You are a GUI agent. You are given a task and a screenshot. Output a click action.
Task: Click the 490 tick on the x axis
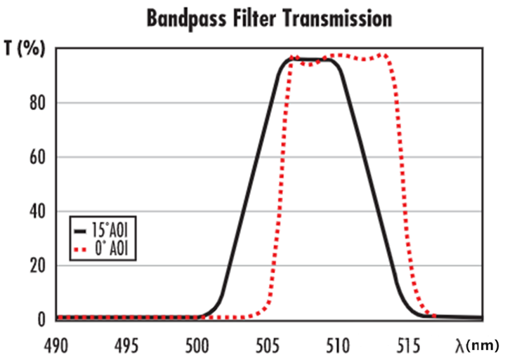tap(56, 345)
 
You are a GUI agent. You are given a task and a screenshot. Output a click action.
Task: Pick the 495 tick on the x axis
tap(126, 345)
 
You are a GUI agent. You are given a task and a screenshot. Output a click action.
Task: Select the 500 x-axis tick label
tap(197, 345)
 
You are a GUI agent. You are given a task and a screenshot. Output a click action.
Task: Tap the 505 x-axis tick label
tap(268, 345)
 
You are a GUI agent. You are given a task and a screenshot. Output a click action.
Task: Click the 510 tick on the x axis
tap(338, 345)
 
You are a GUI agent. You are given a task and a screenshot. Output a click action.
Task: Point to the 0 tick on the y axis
tap(41, 320)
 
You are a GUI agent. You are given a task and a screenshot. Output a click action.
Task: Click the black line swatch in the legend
tap(79, 229)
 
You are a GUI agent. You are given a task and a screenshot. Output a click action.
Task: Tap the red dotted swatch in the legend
tap(80, 248)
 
